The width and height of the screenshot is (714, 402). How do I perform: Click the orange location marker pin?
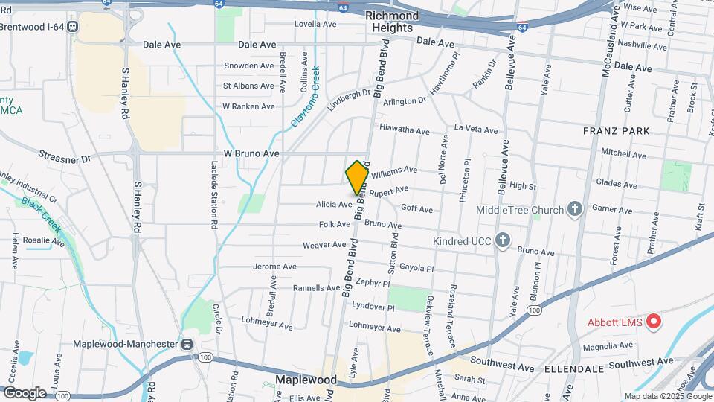358,178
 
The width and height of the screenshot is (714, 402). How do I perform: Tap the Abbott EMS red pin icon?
654,322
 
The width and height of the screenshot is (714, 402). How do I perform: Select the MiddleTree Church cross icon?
574,210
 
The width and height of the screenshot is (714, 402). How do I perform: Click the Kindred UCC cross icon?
503,240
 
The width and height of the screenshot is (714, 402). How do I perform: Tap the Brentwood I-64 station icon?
72,26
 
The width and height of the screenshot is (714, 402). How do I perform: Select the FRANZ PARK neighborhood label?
616,131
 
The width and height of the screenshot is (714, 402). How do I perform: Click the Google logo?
25,392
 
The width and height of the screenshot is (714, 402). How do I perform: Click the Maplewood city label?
305,380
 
